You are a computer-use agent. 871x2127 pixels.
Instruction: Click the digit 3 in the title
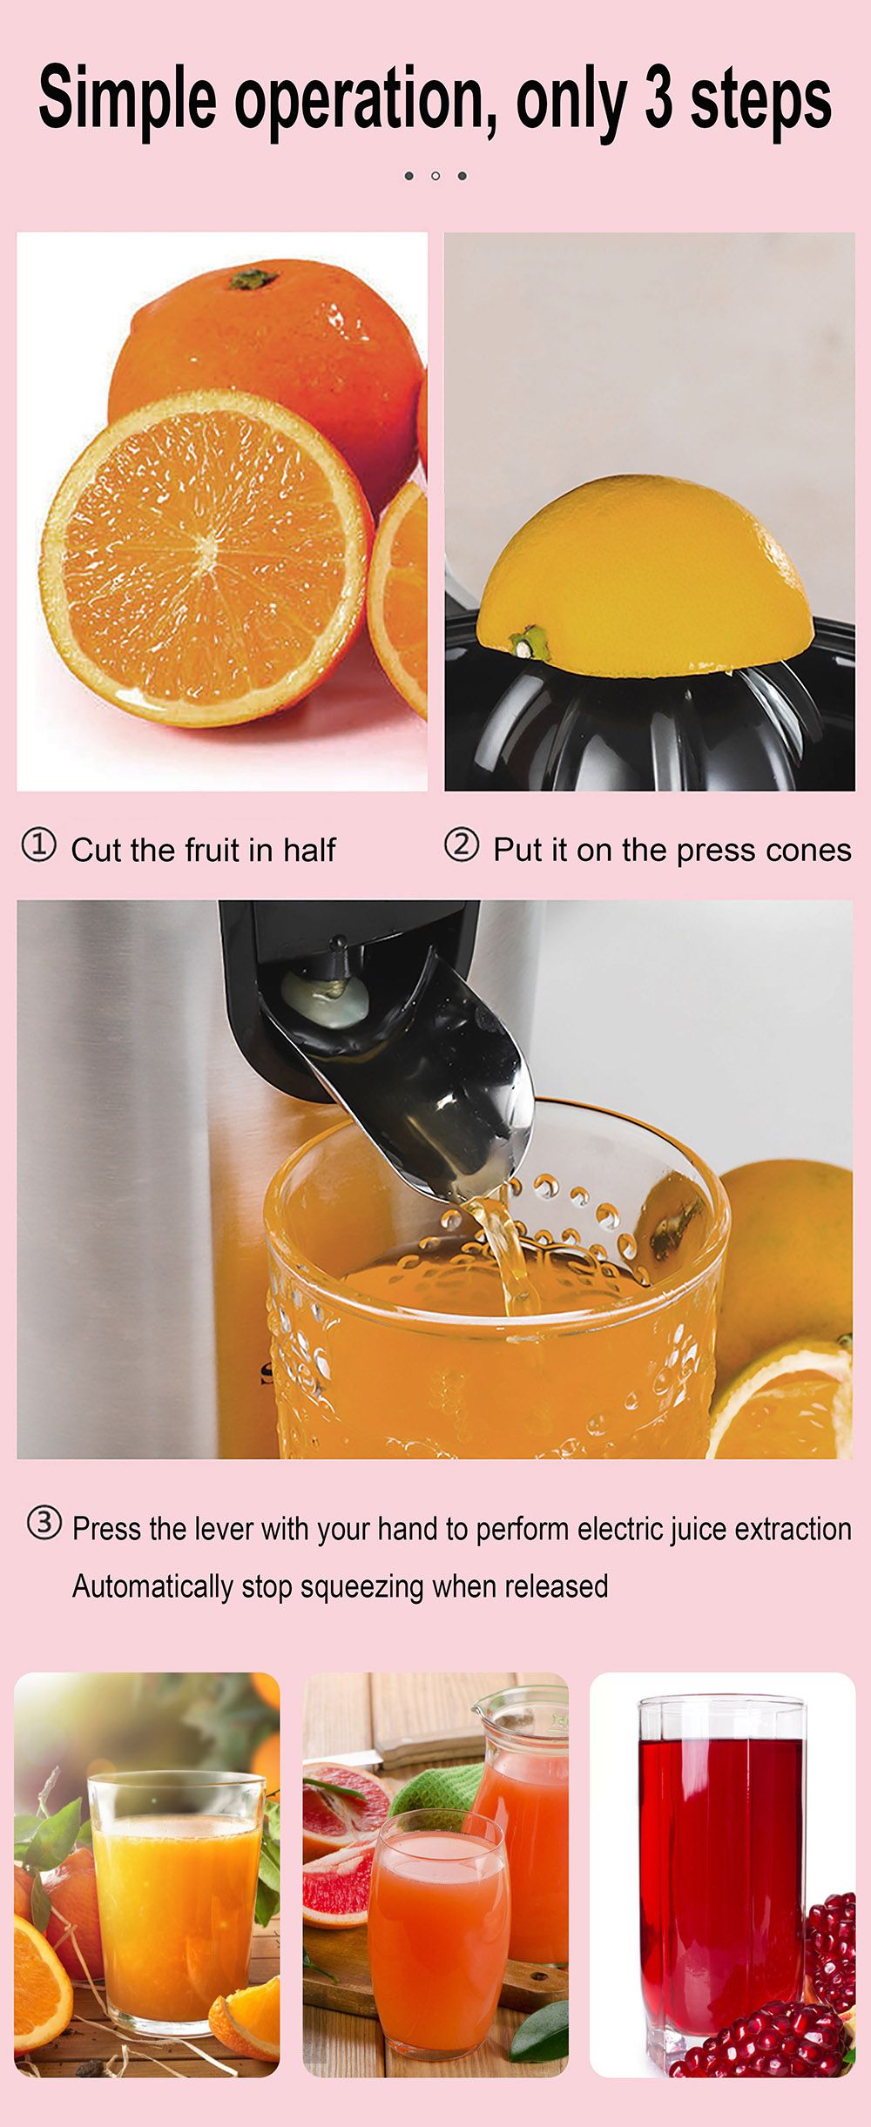point(658,99)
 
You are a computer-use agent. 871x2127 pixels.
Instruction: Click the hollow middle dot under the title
point(435,176)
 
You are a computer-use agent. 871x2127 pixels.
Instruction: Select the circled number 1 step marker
point(39,845)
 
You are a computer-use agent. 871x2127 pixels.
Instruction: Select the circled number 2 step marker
point(462,845)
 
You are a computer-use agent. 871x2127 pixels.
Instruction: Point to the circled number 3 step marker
point(44,1523)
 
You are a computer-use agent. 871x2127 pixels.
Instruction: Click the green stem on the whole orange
point(253,279)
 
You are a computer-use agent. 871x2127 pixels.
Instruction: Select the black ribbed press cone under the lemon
point(645,731)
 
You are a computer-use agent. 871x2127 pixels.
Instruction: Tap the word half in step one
point(308,851)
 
